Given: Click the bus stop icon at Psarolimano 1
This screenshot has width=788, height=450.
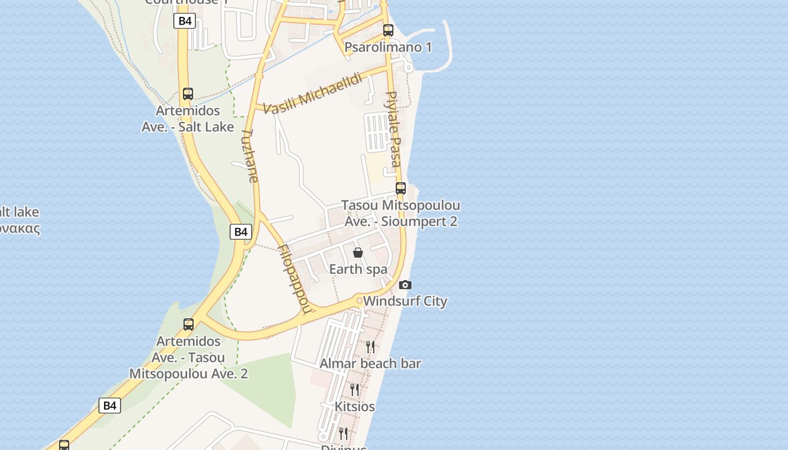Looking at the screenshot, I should (388, 30).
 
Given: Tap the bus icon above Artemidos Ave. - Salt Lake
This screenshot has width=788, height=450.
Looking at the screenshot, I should (188, 94).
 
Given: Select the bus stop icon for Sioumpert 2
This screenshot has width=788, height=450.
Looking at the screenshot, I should (401, 188).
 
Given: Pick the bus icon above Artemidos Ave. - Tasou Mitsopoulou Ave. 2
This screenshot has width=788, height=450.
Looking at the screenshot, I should (189, 325).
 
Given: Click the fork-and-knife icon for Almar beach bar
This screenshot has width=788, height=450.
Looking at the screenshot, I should (370, 346).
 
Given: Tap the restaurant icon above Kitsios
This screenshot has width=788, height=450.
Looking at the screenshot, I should (355, 389).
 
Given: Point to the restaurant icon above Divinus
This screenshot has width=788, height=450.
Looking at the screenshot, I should (343, 433).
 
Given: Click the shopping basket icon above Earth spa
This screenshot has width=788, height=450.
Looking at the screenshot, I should (358, 253).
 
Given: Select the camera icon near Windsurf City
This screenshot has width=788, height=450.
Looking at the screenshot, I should (405, 285).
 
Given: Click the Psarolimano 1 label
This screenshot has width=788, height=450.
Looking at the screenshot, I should (388, 47).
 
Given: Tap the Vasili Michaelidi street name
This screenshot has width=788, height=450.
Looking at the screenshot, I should (313, 93).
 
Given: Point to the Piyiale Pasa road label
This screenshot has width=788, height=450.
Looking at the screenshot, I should (392, 129).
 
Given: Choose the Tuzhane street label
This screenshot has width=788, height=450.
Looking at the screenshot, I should (249, 156).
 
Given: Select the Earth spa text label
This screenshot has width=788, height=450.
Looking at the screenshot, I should (359, 269).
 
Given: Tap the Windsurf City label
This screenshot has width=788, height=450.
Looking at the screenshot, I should (405, 301).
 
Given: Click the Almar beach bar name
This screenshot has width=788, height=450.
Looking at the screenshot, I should (370, 364).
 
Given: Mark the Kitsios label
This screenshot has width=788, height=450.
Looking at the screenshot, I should (355, 406).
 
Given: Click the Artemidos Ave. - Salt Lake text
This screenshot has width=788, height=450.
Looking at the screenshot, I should (188, 119).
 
